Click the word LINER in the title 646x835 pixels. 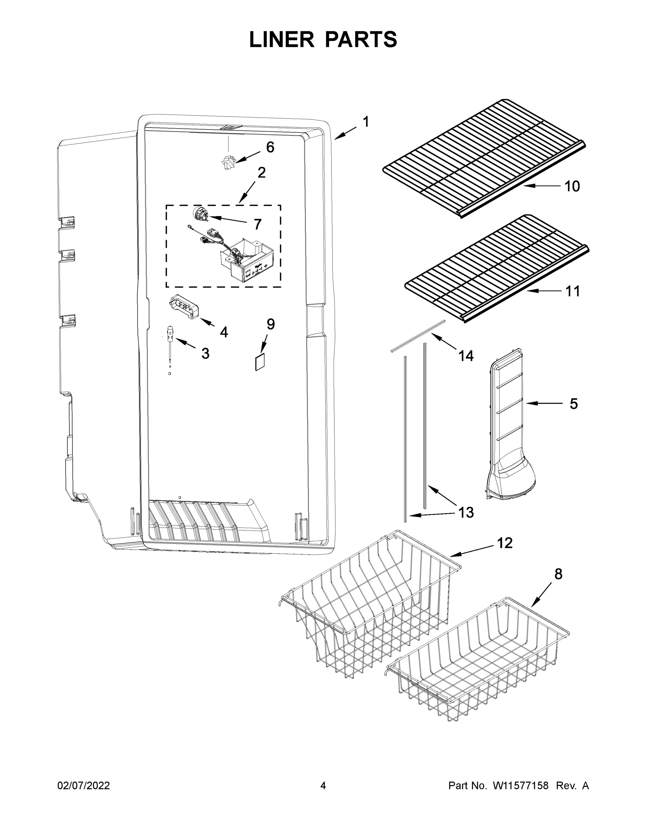coord(281,40)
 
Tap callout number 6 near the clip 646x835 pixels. coord(270,147)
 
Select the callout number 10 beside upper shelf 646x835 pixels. coord(572,186)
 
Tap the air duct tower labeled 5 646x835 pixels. coord(507,424)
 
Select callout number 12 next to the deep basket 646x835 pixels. coord(504,543)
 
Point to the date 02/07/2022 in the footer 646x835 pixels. coord(84,786)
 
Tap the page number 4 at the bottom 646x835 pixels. coord(323,786)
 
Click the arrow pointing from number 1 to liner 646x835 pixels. coord(345,134)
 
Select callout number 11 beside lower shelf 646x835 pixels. coord(573,291)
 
